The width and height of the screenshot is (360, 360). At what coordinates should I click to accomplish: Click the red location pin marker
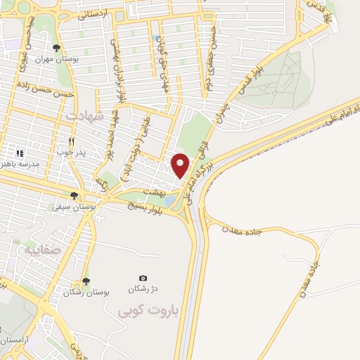(x=181, y=165)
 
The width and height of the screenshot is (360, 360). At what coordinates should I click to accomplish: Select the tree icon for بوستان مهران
(x=56, y=48)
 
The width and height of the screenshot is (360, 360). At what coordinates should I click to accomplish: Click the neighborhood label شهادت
(x=84, y=115)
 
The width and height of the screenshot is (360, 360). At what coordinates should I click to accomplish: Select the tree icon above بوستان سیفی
(x=74, y=195)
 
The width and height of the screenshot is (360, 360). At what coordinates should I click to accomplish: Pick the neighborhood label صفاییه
(x=42, y=250)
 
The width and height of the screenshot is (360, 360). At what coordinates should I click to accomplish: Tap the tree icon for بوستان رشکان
(x=85, y=281)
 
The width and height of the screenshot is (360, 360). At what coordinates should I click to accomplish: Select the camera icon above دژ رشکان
(x=143, y=278)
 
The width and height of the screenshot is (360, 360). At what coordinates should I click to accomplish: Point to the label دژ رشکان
(x=143, y=290)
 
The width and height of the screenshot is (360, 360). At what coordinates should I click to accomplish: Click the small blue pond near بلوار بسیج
(x=170, y=200)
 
